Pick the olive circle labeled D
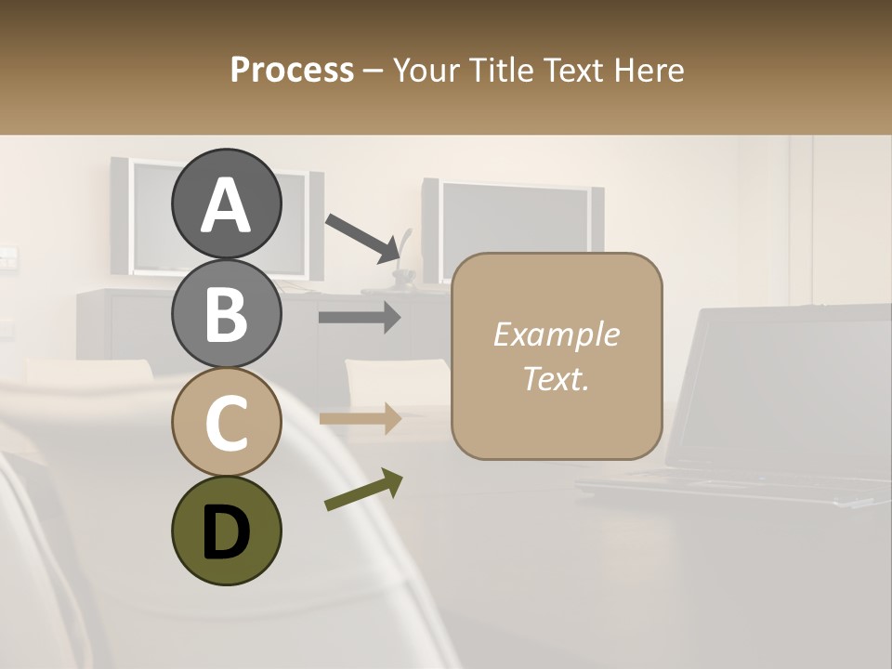(x=226, y=531)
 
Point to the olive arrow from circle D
(x=363, y=491)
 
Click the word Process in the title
(x=292, y=70)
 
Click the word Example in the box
(x=556, y=334)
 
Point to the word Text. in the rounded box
(x=556, y=378)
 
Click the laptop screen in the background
(x=790, y=390)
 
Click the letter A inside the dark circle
(x=226, y=205)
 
